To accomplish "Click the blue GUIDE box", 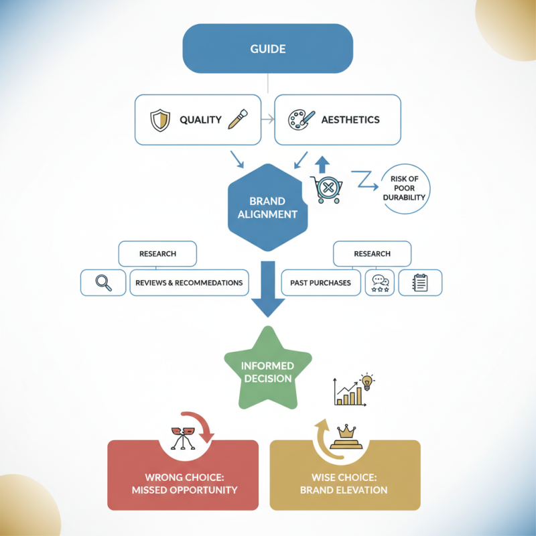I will (x=268, y=48).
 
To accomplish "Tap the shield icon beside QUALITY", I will (x=159, y=120).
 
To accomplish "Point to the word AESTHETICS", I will (x=350, y=120).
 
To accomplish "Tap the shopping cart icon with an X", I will (x=326, y=190).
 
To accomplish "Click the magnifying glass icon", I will (x=103, y=283).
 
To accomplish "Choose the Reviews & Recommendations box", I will (x=189, y=283).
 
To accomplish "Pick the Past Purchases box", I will (x=320, y=283).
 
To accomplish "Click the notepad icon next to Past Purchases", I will (x=420, y=283).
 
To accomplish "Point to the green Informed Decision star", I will (x=267, y=371).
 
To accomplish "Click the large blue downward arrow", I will (x=267, y=288).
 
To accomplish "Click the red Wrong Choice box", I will (x=183, y=483).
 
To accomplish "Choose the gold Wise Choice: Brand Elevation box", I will (x=344, y=483).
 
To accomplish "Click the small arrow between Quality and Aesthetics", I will (x=267, y=120).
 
